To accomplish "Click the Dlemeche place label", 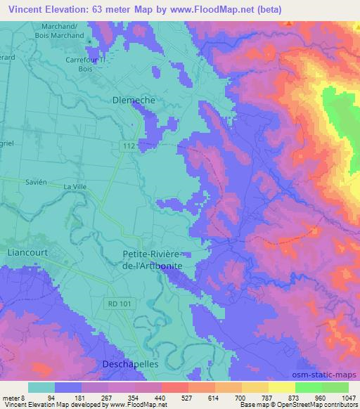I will tap(134, 100).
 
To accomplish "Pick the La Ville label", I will tap(74, 187).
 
